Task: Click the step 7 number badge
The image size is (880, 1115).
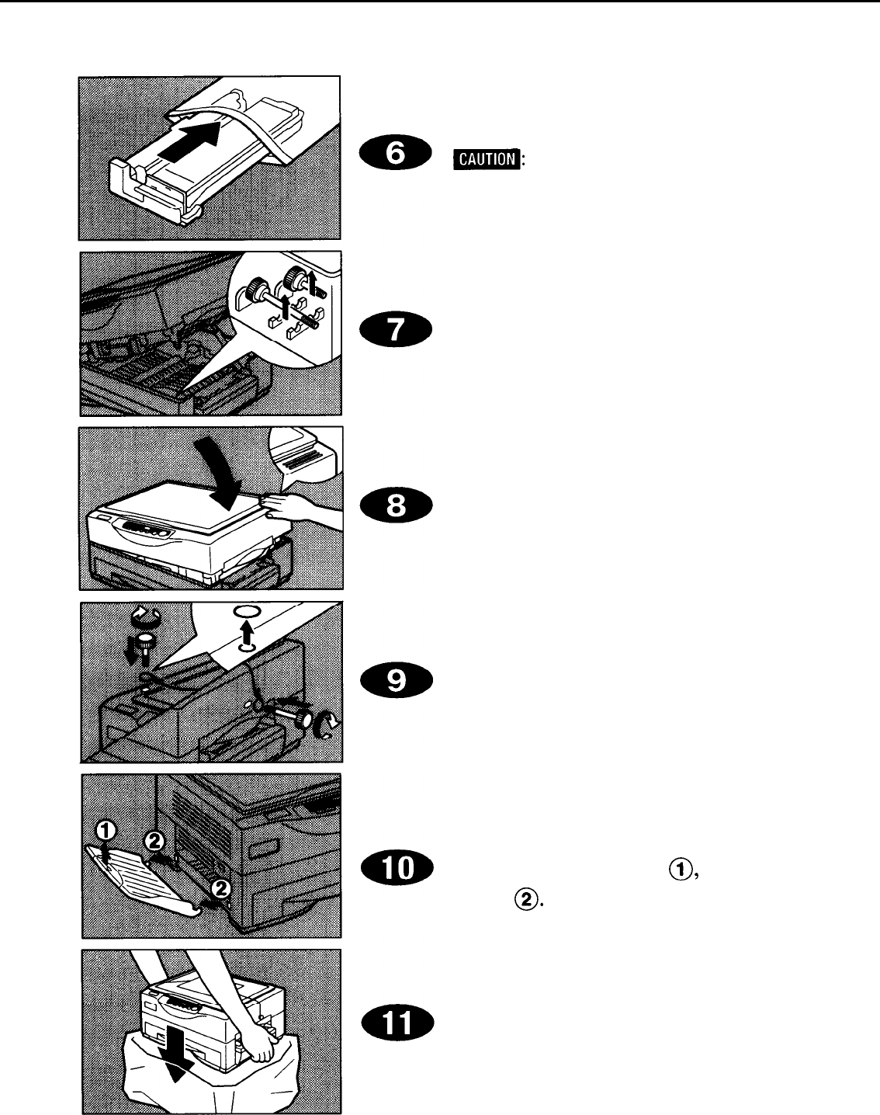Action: [x=395, y=333]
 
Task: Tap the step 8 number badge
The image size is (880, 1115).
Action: [x=395, y=508]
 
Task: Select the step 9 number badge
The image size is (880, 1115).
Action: [x=395, y=681]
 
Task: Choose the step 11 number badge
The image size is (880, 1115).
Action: [x=395, y=1041]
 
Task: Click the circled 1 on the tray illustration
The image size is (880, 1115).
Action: [x=106, y=832]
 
